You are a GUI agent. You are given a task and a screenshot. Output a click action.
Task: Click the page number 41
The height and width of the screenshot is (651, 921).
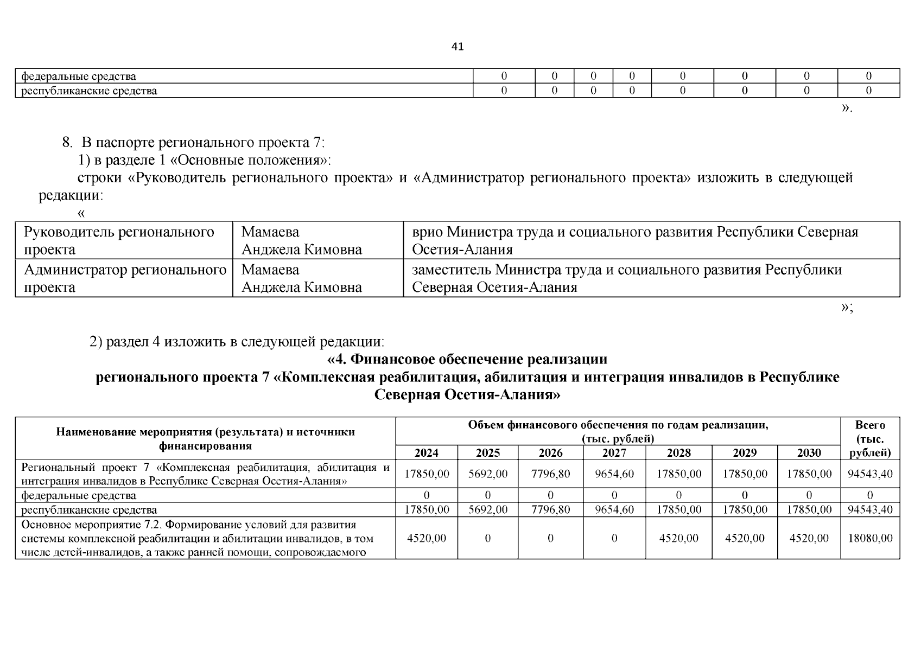458,47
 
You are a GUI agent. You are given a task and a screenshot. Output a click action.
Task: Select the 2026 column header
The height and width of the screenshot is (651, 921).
550,453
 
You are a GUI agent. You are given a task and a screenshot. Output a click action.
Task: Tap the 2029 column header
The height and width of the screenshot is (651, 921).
744,453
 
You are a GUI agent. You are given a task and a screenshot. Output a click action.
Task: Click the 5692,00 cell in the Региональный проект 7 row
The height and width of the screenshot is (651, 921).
487,474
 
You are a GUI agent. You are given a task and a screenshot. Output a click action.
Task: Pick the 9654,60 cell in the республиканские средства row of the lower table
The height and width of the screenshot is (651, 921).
614,510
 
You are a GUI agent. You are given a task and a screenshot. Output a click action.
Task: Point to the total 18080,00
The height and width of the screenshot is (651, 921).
870,538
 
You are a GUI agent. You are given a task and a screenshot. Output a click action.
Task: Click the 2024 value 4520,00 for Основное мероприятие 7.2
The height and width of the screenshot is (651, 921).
426,538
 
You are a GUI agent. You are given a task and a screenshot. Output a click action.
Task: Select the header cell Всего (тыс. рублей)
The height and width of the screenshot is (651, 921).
870,439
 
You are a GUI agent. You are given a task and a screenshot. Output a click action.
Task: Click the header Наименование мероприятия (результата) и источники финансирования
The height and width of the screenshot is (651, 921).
205,439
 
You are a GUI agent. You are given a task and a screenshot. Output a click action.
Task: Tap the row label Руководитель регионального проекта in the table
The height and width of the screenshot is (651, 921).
119,240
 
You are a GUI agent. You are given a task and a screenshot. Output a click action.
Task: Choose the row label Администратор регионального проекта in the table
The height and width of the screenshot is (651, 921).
125,278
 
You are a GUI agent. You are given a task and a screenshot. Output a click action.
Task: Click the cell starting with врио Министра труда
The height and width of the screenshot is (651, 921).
635,240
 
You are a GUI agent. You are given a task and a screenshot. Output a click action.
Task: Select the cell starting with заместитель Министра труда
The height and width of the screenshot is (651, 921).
627,278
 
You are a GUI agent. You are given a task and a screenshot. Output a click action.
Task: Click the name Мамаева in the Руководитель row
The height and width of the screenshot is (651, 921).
270,232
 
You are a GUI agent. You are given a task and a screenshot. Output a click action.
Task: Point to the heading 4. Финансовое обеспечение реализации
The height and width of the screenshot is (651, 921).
467,360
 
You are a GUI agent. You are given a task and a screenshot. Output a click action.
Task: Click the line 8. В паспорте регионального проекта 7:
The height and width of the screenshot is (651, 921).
193,143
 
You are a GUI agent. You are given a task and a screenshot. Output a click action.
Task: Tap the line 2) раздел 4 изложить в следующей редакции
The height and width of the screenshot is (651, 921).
237,342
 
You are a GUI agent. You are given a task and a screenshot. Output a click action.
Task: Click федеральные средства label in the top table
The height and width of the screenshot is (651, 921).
79,76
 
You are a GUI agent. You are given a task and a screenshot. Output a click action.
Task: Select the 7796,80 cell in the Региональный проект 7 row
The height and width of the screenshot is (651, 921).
550,474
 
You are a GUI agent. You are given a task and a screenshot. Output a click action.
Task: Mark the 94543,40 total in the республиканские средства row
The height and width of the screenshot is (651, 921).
870,510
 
